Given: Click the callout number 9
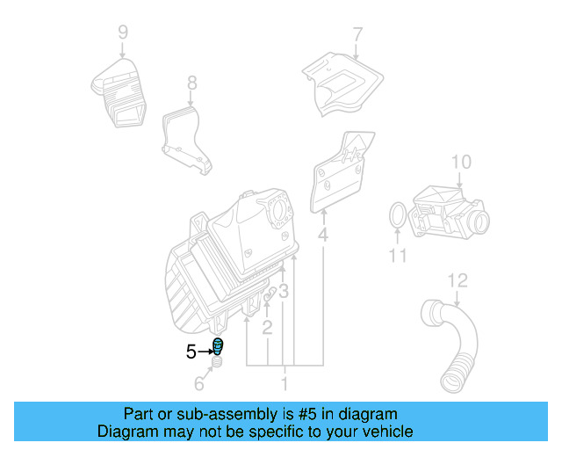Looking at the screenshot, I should click(123, 33).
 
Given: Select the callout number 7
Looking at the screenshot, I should click(357, 35).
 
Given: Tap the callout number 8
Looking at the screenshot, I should click(192, 83).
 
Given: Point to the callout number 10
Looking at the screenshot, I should click(461, 162).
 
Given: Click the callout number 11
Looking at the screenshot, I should click(399, 256).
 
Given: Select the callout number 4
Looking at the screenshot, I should click(323, 235).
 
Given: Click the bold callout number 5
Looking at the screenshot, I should click(191, 352).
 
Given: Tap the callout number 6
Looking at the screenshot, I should click(199, 384).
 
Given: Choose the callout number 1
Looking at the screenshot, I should click(284, 384).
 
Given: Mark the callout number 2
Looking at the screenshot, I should click(267, 328).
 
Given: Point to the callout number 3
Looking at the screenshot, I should click(284, 291).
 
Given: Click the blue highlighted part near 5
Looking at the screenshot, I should click(218, 346).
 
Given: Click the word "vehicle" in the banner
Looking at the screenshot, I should click(385, 432).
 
